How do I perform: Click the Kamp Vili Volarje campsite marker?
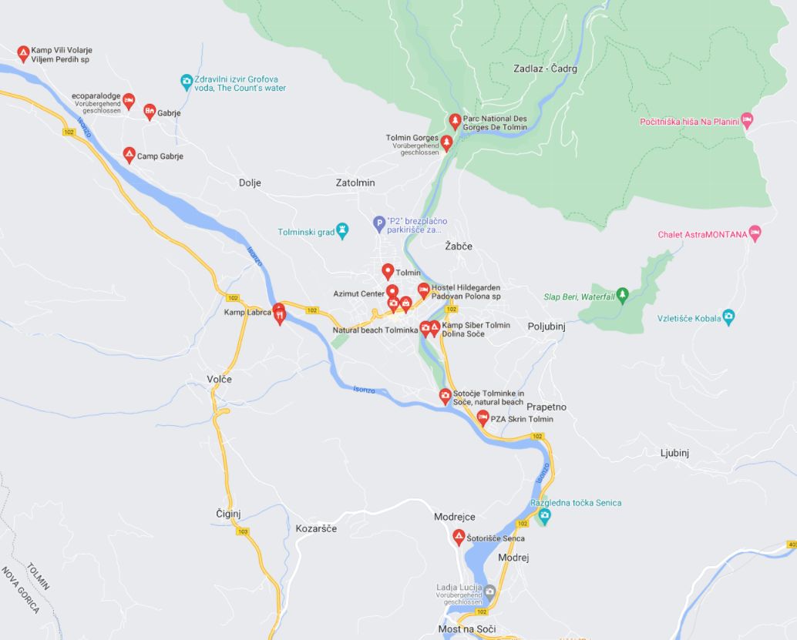[x=23, y=52]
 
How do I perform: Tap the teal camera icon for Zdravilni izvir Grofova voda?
[x=186, y=80]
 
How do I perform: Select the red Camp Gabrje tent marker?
[x=129, y=154]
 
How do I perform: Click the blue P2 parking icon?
[x=378, y=223]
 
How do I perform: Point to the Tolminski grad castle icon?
[x=343, y=230]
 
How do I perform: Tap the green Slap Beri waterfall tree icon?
[x=623, y=294]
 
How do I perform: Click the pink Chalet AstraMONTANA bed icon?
[x=755, y=232]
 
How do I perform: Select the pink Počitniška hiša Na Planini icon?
[x=746, y=119]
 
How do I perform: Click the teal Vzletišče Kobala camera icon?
[x=728, y=316]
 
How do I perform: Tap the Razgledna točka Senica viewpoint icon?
[x=544, y=515]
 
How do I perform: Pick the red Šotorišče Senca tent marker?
[x=459, y=536]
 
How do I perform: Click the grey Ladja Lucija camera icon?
[x=489, y=591]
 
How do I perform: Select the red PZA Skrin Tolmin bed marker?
[x=483, y=417]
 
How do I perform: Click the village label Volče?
[x=219, y=379]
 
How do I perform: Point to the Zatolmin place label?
[x=355, y=183]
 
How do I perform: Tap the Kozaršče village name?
[x=316, y=528]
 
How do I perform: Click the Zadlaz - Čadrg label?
[x=545, y=69]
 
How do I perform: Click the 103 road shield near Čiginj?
[x=244, y=531]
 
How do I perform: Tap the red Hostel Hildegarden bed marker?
[x=423, y=290]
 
